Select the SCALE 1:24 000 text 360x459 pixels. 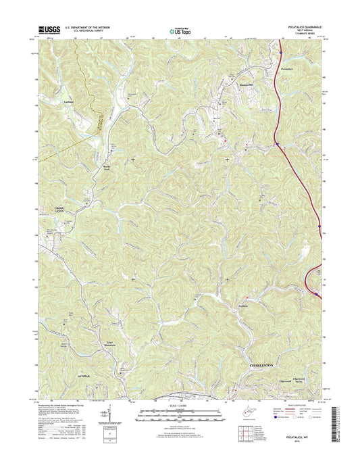pyautogui.click(x=179, y=406)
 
